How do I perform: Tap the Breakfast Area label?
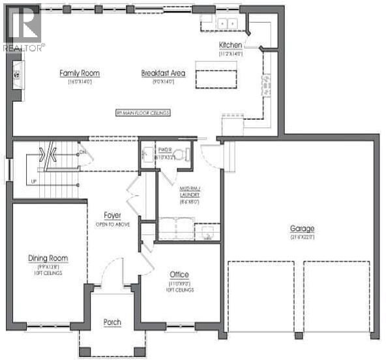coord(163,73)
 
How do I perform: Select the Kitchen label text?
coord(230,45)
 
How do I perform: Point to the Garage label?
coord(302,228)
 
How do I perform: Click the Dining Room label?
coord(48,258)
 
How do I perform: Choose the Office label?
coord(179,274)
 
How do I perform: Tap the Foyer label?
coord(113,215)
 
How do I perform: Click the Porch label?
coord(112,323)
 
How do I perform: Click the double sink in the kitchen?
coord(226,23)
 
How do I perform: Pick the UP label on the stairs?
coord(32,181)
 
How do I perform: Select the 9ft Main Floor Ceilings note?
coord(143,113)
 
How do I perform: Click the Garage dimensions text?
coord(302,237)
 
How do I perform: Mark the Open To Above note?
coord(113,224)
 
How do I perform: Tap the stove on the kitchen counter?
coord(266,83)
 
